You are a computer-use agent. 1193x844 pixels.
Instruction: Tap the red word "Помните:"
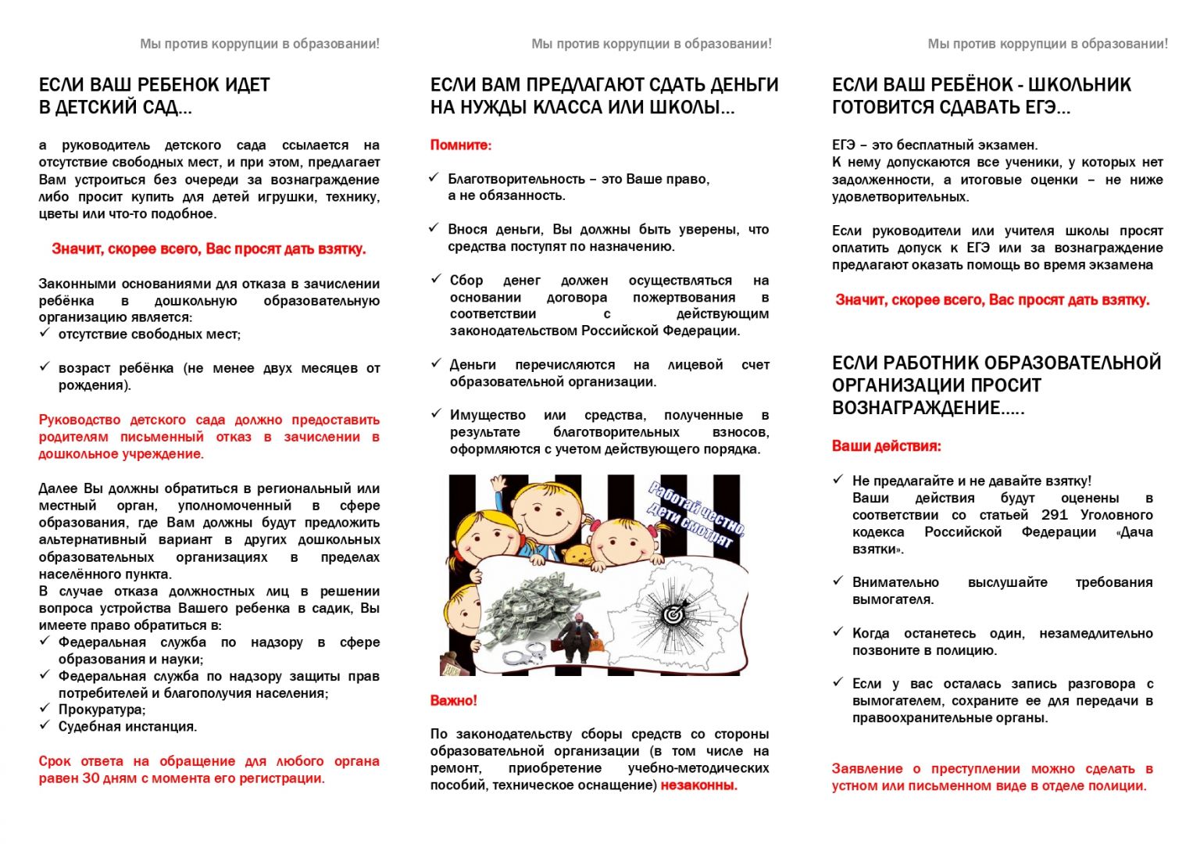(461, 145)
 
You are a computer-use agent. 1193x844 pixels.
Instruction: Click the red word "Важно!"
(454, 700)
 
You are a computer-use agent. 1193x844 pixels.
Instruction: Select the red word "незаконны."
(698, 785)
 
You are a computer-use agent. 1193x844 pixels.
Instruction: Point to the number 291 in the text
(1054, 515)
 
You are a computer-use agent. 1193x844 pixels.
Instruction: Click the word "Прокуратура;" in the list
(102, 710)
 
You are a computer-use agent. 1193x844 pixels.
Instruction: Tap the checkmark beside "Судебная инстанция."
(45, 725)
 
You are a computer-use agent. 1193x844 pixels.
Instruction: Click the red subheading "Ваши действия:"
(886, 446)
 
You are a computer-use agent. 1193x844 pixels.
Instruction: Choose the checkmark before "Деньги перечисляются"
(436, 363)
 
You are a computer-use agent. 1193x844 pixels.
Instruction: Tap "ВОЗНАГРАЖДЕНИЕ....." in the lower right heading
(928, 408)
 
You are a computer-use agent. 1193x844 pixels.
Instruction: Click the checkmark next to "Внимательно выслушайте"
(838, 581)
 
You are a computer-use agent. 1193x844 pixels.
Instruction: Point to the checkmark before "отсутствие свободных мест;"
(45, 333)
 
